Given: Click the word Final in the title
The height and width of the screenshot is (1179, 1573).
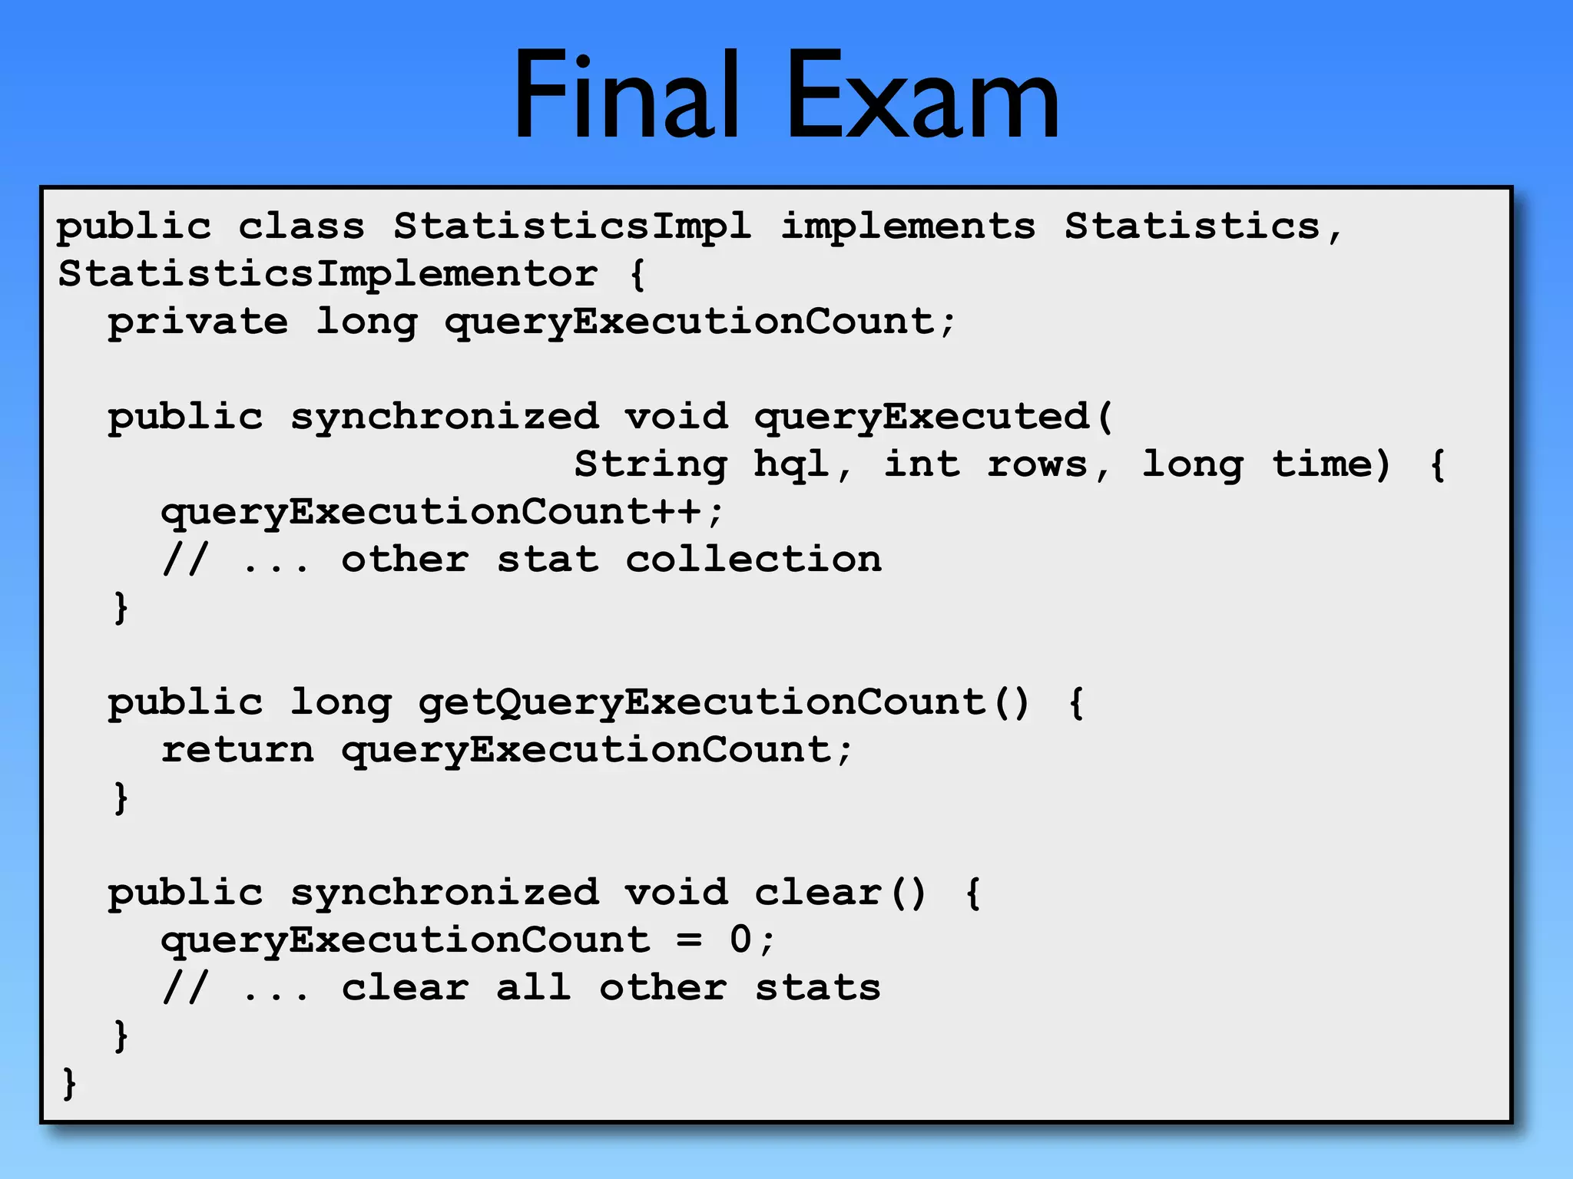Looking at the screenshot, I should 626,96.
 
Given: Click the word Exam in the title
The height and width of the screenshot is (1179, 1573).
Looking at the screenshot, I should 922,96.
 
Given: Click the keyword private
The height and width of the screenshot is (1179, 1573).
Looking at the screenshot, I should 198,322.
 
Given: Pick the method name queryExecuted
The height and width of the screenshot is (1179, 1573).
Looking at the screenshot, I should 922,418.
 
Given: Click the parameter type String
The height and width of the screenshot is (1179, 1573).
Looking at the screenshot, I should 651,465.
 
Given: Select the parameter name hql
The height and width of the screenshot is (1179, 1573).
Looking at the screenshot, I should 791,464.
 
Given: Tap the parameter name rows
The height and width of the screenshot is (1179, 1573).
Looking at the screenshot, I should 1038,464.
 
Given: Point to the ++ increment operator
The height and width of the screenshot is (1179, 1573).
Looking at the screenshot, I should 676,512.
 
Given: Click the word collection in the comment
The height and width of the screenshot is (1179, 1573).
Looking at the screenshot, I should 753,560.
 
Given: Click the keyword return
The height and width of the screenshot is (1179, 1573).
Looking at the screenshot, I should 237,750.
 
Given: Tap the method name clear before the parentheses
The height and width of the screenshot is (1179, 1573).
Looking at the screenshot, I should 818,893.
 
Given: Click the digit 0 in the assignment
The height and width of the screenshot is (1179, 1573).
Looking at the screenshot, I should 740,940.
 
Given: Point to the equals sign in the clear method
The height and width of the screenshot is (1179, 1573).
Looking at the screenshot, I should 689,940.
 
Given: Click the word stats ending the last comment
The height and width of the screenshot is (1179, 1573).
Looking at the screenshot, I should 818,988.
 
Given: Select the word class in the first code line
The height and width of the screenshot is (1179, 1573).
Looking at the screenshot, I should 301,226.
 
